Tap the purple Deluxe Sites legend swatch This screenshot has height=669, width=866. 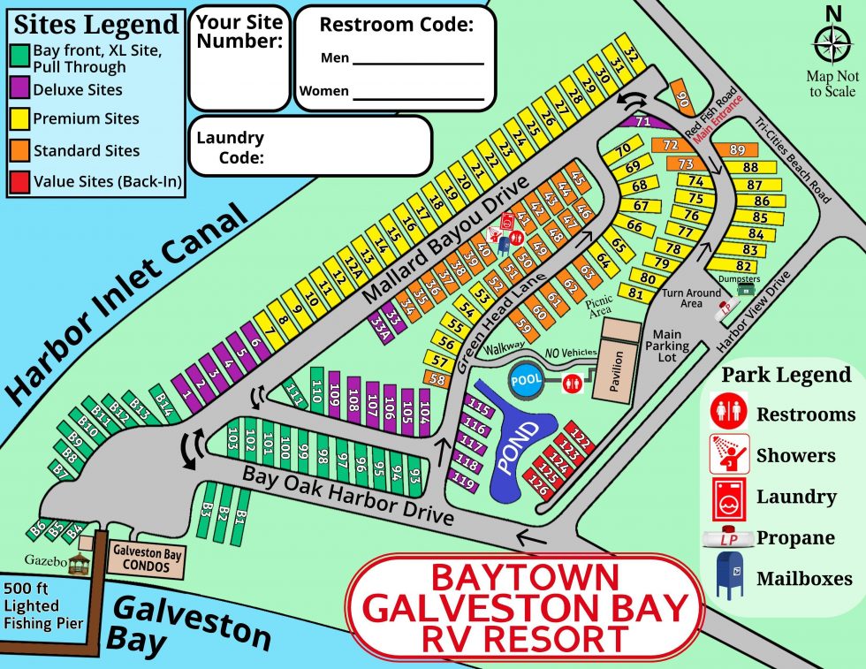click(x=22, y=90)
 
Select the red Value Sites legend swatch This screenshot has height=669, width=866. click(x=22, y=182)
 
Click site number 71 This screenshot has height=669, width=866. click(x=642, y=121)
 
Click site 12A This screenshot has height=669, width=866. click(x=351, y=264)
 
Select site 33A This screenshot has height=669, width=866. click(x=380, y=325)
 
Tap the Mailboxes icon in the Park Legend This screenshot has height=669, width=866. click(x=729, y=579)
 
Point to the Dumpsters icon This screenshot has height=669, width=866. click(x=748, y=288)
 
